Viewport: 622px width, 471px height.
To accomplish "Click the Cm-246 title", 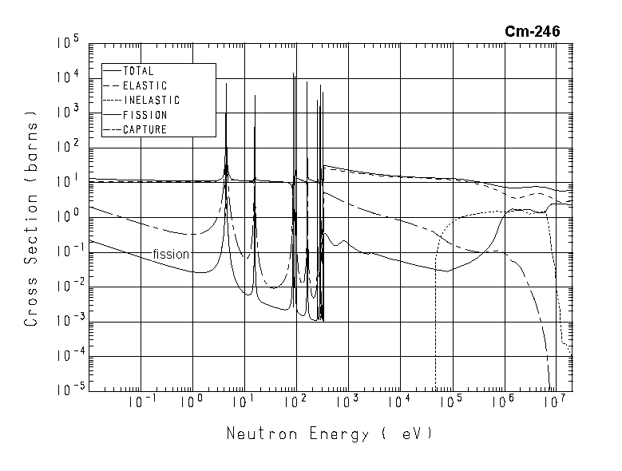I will pyautogui.click(x=532, y=31).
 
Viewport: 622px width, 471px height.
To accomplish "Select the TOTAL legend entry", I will pyautogui.click(x=138, y=71).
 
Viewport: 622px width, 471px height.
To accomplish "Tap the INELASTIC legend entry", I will pyautogui.click(x=151, y=101).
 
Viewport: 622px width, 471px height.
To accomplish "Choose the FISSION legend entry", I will pyautogui.click(x=145, y=115).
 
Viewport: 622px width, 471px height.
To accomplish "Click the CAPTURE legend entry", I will pyautogui.click(x=145, y=129).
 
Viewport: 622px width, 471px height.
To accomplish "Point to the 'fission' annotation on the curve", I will pyautogui.click(x=171, y=254).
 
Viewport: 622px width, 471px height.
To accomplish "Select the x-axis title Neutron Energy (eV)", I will pyautogui.click(x=329, y=434).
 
